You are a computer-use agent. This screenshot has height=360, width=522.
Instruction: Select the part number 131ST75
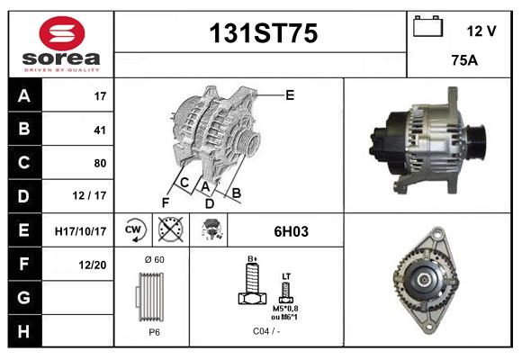click(263, 34)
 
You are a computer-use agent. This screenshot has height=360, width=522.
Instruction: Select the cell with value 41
click(100, 130)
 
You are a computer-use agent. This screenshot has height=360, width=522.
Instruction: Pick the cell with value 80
click(100, 163)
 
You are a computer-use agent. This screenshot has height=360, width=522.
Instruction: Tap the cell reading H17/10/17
click(80, 231)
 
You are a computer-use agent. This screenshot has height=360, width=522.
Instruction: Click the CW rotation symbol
click(133, 230)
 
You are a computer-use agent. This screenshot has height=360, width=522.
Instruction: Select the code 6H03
click(291, 231)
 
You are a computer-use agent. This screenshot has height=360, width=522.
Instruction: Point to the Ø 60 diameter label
click(154, 259)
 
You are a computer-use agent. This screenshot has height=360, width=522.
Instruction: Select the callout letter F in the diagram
click(165, 202)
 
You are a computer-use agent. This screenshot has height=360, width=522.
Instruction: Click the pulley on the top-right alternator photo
click(474, 143)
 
